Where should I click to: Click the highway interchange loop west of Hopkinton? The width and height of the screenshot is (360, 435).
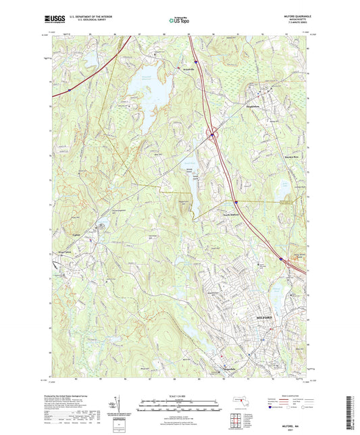tap(213, 134)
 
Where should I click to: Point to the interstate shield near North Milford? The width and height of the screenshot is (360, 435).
tap(236, 201)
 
